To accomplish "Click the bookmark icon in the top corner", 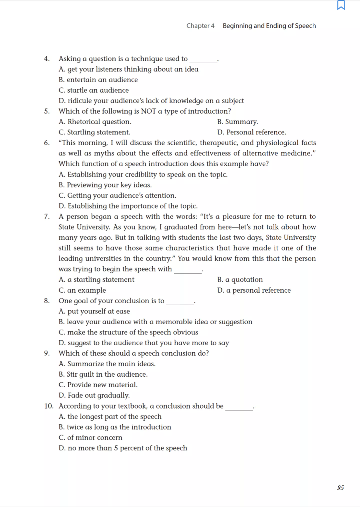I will (341, 5).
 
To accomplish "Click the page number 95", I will (340, 487).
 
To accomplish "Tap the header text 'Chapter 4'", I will (200, 26).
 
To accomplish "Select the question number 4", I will (47, 59).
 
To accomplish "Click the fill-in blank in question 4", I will (203, 60).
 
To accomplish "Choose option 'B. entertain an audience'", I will (98, 80).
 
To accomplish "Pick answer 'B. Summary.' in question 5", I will (237, 122).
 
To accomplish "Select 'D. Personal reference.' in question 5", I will (251, 132).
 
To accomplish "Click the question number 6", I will (47, 143).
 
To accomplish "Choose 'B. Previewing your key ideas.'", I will (105, 185).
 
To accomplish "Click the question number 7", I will (47, 216).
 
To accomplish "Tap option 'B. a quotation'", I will (240, 280).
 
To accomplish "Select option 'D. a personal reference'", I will (254, 290).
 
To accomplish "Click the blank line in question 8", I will (180, 303).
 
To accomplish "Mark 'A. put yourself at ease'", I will (94, 311).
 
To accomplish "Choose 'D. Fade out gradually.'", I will (94, 395).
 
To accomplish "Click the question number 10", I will (49, 406).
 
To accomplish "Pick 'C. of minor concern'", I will (91, 437).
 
